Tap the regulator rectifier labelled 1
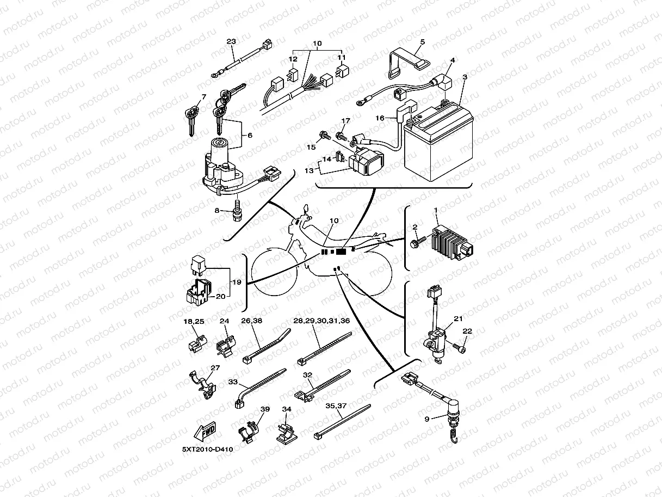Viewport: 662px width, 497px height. tap(450, 241)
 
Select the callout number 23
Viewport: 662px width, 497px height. tap(231, 41)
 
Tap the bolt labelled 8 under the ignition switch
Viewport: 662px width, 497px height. tap(236, 211)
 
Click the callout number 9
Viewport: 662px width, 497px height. tap(426, 419)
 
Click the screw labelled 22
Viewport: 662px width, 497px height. tap(462, 347)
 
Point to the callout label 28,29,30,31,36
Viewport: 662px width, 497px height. tap(322, 321)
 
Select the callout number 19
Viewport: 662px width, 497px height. tap(236, 282)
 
